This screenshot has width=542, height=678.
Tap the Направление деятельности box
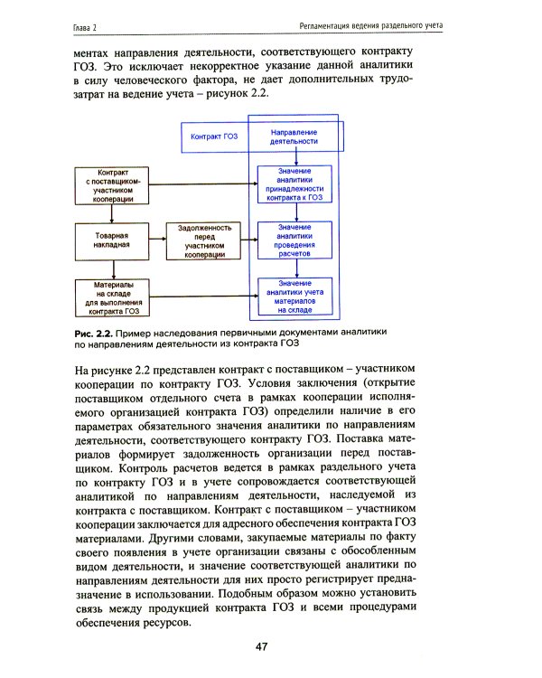[x=294, y=137]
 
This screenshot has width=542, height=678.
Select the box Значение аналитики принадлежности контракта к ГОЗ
[x=294, y=184]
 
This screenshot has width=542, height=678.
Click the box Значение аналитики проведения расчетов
[x=294, y=240]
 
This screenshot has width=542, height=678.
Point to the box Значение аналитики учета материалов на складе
[x=294, y=297]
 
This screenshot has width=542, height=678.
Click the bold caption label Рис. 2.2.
[x=93, y=333]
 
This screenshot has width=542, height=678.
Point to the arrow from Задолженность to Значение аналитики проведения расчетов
[x=250, y=240]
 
